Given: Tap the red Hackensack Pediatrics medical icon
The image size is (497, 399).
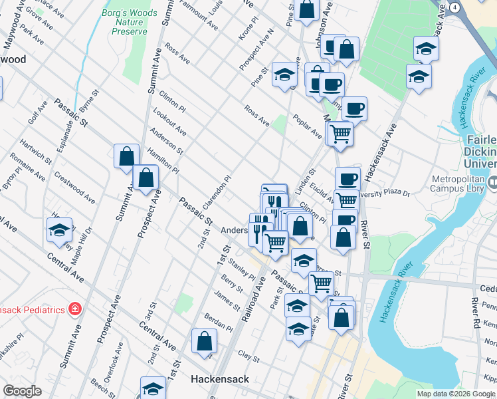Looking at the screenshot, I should [x=74, y=309].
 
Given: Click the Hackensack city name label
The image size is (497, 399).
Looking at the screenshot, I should [x=219, y=379].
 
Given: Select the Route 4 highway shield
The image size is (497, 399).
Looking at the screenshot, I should [x=454, y=7].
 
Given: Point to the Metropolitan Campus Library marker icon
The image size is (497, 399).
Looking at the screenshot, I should [x=492, y=182].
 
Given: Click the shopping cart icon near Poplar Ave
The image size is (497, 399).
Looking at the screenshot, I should [x=340, y=133].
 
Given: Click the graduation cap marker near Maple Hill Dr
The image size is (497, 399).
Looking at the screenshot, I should [x=59, y=229].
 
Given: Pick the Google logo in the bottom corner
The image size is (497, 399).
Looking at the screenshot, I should [x=23, y=391].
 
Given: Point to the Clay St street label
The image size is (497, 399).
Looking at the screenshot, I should [x=248, y=357].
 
